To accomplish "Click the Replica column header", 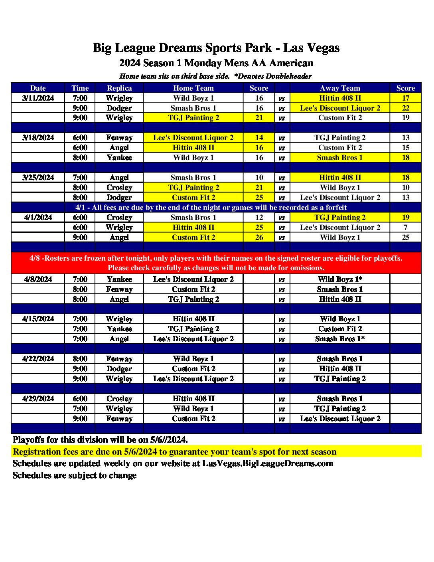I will pyautogui.click(x=119, y=88).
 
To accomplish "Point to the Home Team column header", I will pyautogui.click(x=193, y=88).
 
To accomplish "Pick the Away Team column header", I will pyautogui.click(x=340, y=88).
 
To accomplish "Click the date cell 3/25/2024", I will pyautogui.click(x=38, y=178).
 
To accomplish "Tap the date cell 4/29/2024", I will pyautogui.click(x=38, y=399).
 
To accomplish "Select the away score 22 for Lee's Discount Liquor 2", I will pyautogui.click(x=405, y=108).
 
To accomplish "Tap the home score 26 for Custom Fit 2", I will pyautogui.click(x=259, y=237).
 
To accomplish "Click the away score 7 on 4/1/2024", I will pyautogui.click(x=405, y=228).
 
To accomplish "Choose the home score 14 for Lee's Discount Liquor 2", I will pyautogui.click(x=259, y=138).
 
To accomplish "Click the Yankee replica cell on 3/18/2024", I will pyautogui.click(x=119, y=158).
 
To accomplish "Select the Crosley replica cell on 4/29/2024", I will pyautogui.click(x=119, y=399).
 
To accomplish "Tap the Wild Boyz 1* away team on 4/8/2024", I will pyautogui.click(x=340, y=279).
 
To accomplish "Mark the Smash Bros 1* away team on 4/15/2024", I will pyautogui.click(x=340, y=339).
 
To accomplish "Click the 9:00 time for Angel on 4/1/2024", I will pyautogui.click(x=80, y=237).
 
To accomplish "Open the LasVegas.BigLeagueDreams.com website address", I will pyautogui.click(x=268, y=463).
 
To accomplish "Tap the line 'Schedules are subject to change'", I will pyautogui.click(x=75, y=475).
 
